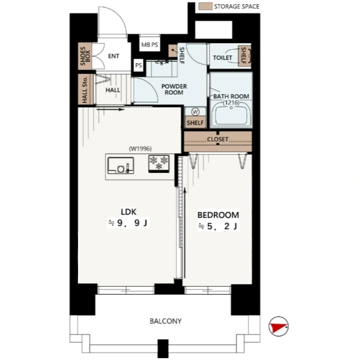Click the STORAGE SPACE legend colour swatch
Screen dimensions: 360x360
coord(205,6)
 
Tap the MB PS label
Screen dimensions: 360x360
coord(149,44)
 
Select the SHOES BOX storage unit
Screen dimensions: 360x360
coord(85,56)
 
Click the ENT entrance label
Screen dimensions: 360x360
coord(113,56)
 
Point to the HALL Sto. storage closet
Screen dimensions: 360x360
coord(85,89)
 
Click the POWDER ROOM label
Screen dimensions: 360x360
coord(174,89)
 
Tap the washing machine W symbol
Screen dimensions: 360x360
coord(195,112)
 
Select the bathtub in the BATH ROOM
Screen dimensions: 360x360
coord(231,114)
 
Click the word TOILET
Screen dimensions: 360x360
coord(222,58)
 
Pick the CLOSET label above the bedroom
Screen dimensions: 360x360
coord(217,139)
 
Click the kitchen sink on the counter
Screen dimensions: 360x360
coord(121,166)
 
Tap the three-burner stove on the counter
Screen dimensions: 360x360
coord(158,164)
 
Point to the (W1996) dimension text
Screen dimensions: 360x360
coord(140,149)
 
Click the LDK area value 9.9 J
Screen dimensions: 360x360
coord(128,223)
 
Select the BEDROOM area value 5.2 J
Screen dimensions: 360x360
coord(218,226)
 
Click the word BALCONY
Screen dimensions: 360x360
coord(166,321)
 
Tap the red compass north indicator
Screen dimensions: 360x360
coord(278,326)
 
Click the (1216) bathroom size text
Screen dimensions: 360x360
coord(231,103)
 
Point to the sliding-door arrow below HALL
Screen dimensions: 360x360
coord(110,110)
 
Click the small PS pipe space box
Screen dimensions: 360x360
coord(139,65)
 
